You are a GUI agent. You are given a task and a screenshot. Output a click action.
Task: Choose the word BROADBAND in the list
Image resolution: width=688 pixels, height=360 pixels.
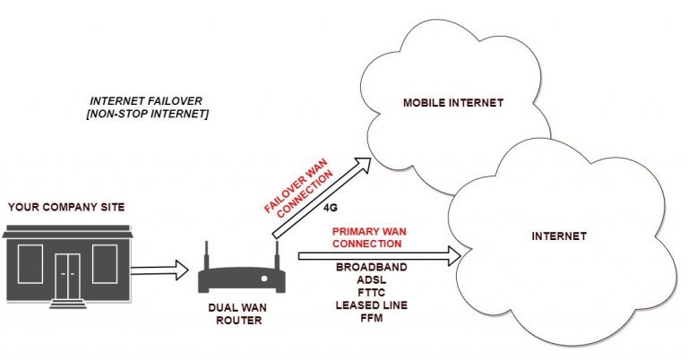click(371, 268)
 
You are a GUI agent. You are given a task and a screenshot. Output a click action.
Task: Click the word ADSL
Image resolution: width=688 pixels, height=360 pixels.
click(371, 280)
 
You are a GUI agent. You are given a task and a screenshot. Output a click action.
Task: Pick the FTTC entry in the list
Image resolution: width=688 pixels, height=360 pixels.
click(371, 293)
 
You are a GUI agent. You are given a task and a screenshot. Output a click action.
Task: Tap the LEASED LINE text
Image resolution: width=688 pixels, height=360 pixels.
click(371, 305)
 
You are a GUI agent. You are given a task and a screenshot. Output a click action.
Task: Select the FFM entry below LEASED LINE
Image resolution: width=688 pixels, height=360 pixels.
click(371, 318)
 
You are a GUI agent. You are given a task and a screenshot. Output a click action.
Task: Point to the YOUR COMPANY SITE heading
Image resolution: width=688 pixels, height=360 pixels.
click(66, 208)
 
